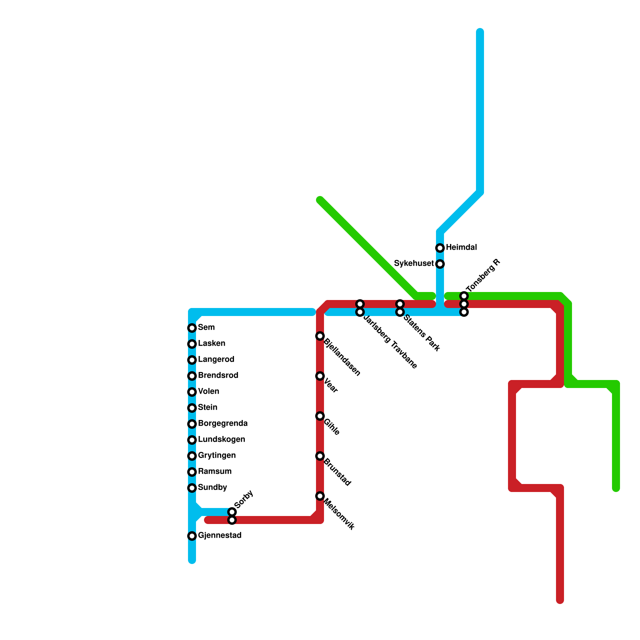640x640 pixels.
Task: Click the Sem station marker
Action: pyautogui.click(x=192, y=328)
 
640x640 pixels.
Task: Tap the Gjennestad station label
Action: pyautogui.click(x=220, y=535)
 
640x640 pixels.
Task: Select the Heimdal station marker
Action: pyautogui.click(x=440, y=248)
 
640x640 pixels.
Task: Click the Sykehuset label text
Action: pyautogui.click(x=414, y=264)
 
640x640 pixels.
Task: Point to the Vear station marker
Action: pyautogui.click(x=320, y=376)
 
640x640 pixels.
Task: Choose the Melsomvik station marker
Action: pyautogui.click(x=320, y=496)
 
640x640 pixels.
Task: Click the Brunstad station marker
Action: pyautogui.click(x=320, y=456)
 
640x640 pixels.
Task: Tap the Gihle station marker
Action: pyautogui.click(x=320, y=416)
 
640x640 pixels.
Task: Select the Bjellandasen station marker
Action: pyautogui.click(x=320, y=336)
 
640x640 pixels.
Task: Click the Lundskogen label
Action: pyautogui.click(x=221, y=439)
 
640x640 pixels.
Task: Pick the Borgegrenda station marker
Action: pyautogui.click(x=192, y=424)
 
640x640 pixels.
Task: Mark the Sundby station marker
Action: pyautogui.click(x=192, y=488)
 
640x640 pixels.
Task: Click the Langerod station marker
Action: pyautogui.click(x=192, y=360)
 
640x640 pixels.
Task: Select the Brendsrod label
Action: pyautogui.click(x=218, y=375)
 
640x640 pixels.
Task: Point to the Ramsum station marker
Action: pyautogui.click(x=192, y=472)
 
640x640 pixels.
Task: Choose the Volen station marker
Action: pyautogui.click(x=192, y=392)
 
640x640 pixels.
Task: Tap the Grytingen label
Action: pyautogui.click(x=217, y=455)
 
